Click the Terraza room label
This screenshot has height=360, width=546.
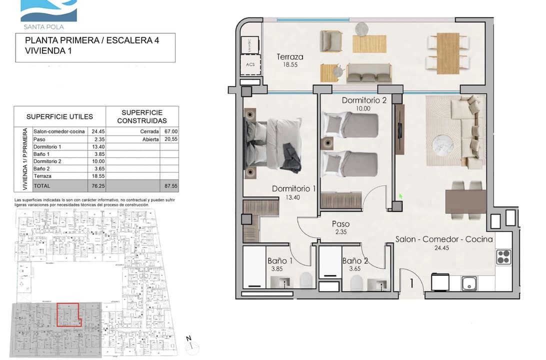pos(290,57)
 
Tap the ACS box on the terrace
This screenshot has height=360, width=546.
pos(250,64)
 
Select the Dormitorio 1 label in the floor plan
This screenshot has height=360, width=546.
pos(293,189)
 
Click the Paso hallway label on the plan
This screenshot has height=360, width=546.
pos(340,224)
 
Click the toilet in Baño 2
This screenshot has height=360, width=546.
pos(356,283)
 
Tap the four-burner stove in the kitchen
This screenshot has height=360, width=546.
pos(502,256)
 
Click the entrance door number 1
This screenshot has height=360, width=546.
pos(411,283)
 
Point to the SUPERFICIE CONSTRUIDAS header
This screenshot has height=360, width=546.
pos(142,116)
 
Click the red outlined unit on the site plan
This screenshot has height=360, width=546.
pos(67,314)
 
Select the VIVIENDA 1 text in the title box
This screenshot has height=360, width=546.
pos(47,50)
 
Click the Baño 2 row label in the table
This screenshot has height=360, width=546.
pos(44,169)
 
